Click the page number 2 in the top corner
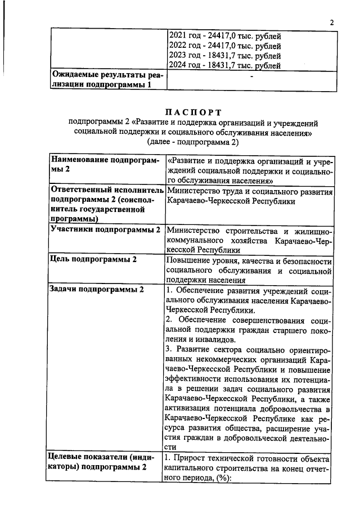pos(331,23)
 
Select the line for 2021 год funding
pos(224,36)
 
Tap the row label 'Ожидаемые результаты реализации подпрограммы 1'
pos(106,79)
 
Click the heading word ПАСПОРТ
pos(193,113)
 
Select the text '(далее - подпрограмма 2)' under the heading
pos(193,143)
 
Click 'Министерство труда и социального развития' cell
pos(250,192)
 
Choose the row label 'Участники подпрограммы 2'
pos(105,229)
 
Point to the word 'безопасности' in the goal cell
pos(306,260)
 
